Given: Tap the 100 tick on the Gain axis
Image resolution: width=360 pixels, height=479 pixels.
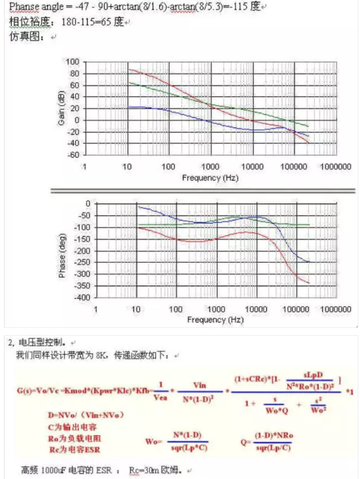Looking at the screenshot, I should pyautogui.click(x=73, y=62).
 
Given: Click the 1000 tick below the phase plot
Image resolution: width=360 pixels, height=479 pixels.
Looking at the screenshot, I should pyautogui.click(x=216, y=310).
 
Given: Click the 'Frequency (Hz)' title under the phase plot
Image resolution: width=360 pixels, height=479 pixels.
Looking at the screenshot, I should pyautogui.click(x=215, y=321).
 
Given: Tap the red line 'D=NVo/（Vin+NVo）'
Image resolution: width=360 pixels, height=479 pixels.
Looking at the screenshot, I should pyautogui.click(x=86, y=415).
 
